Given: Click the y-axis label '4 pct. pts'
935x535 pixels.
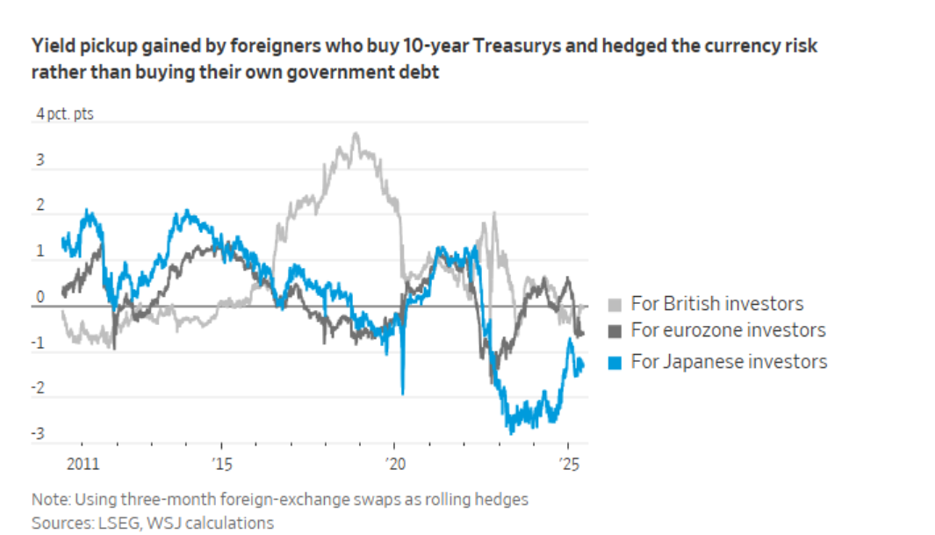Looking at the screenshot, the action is [64, 113].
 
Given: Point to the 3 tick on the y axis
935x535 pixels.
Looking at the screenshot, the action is [40, 160].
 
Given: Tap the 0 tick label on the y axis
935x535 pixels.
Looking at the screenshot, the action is [40, 296].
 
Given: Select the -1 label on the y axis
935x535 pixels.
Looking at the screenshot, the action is [38, 343].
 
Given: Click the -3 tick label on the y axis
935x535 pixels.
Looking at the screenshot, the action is [38, 433].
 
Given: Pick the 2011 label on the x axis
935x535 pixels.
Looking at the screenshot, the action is [83, 464].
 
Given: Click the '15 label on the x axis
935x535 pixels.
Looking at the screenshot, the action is [222, 464].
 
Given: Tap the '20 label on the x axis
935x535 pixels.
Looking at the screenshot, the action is [395, 464].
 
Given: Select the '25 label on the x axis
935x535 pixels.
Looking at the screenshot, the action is [569, 464].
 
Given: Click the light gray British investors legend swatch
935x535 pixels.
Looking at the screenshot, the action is [615, 305].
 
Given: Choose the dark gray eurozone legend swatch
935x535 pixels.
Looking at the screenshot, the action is [615, 331].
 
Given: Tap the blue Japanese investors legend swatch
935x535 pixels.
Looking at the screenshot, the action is [615, 363].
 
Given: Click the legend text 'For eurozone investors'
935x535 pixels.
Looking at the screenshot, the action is [728, 329].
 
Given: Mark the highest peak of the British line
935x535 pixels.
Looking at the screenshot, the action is [356, 134].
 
